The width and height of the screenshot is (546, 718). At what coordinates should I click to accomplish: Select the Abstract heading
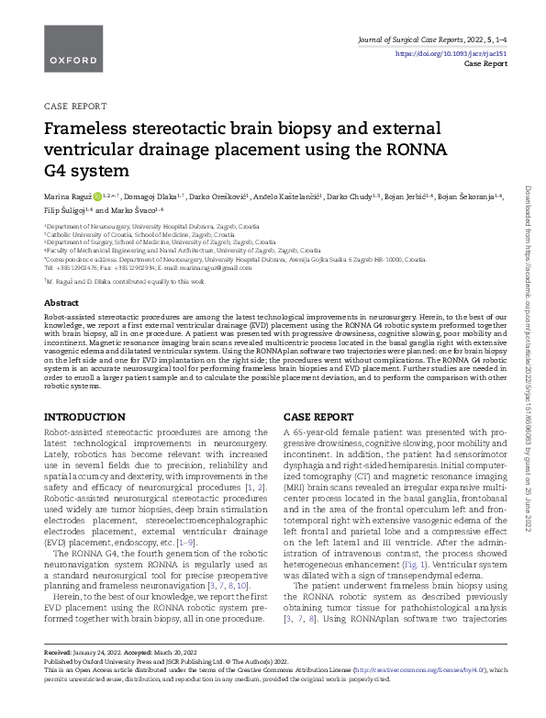[x=61, y=302]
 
